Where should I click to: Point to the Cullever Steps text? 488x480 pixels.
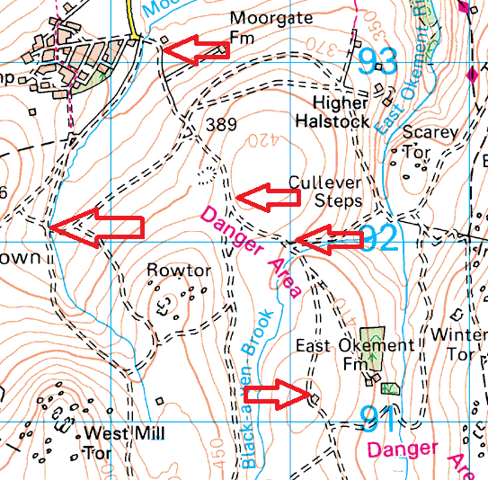(324, 191)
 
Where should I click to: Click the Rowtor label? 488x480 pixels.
(178, 270)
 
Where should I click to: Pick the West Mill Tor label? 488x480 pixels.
(123, 444)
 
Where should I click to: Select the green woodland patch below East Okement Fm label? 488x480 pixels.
(390, 388)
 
